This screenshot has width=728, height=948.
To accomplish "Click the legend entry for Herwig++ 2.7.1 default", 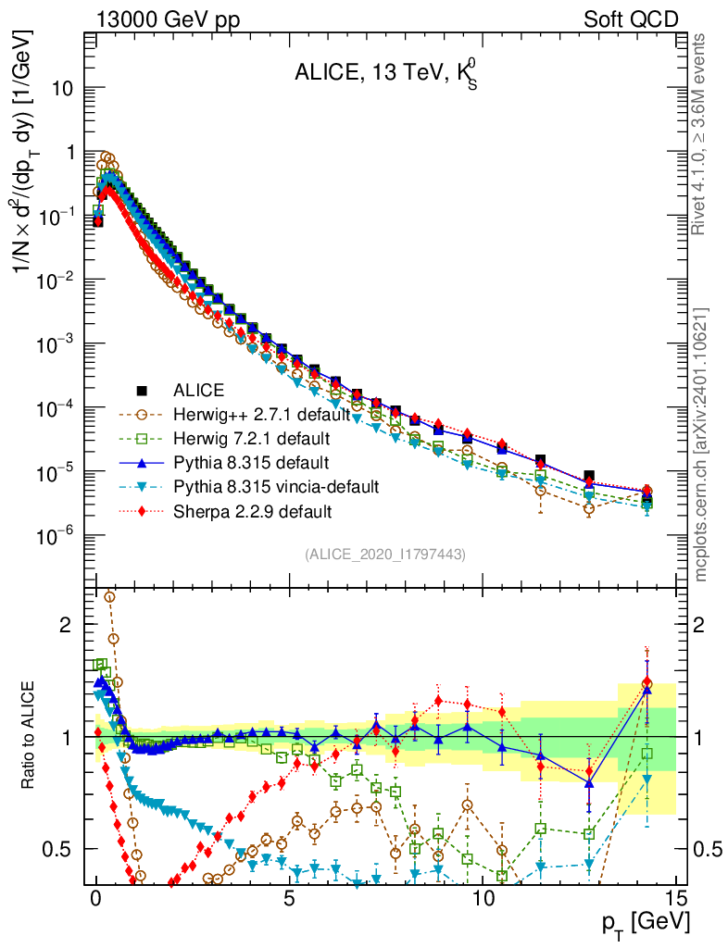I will point(270,414).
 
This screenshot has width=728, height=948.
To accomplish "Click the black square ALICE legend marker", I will point(142,390).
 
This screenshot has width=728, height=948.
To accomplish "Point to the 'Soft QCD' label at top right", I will point(631,19).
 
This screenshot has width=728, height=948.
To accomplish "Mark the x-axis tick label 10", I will point(483,899).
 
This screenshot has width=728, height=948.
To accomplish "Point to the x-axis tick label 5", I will point(290,899).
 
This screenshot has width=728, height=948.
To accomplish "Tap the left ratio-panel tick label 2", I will point(66,625).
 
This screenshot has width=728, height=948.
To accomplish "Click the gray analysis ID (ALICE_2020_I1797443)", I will point(384,554).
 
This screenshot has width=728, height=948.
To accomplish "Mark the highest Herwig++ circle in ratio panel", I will point(109,597).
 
